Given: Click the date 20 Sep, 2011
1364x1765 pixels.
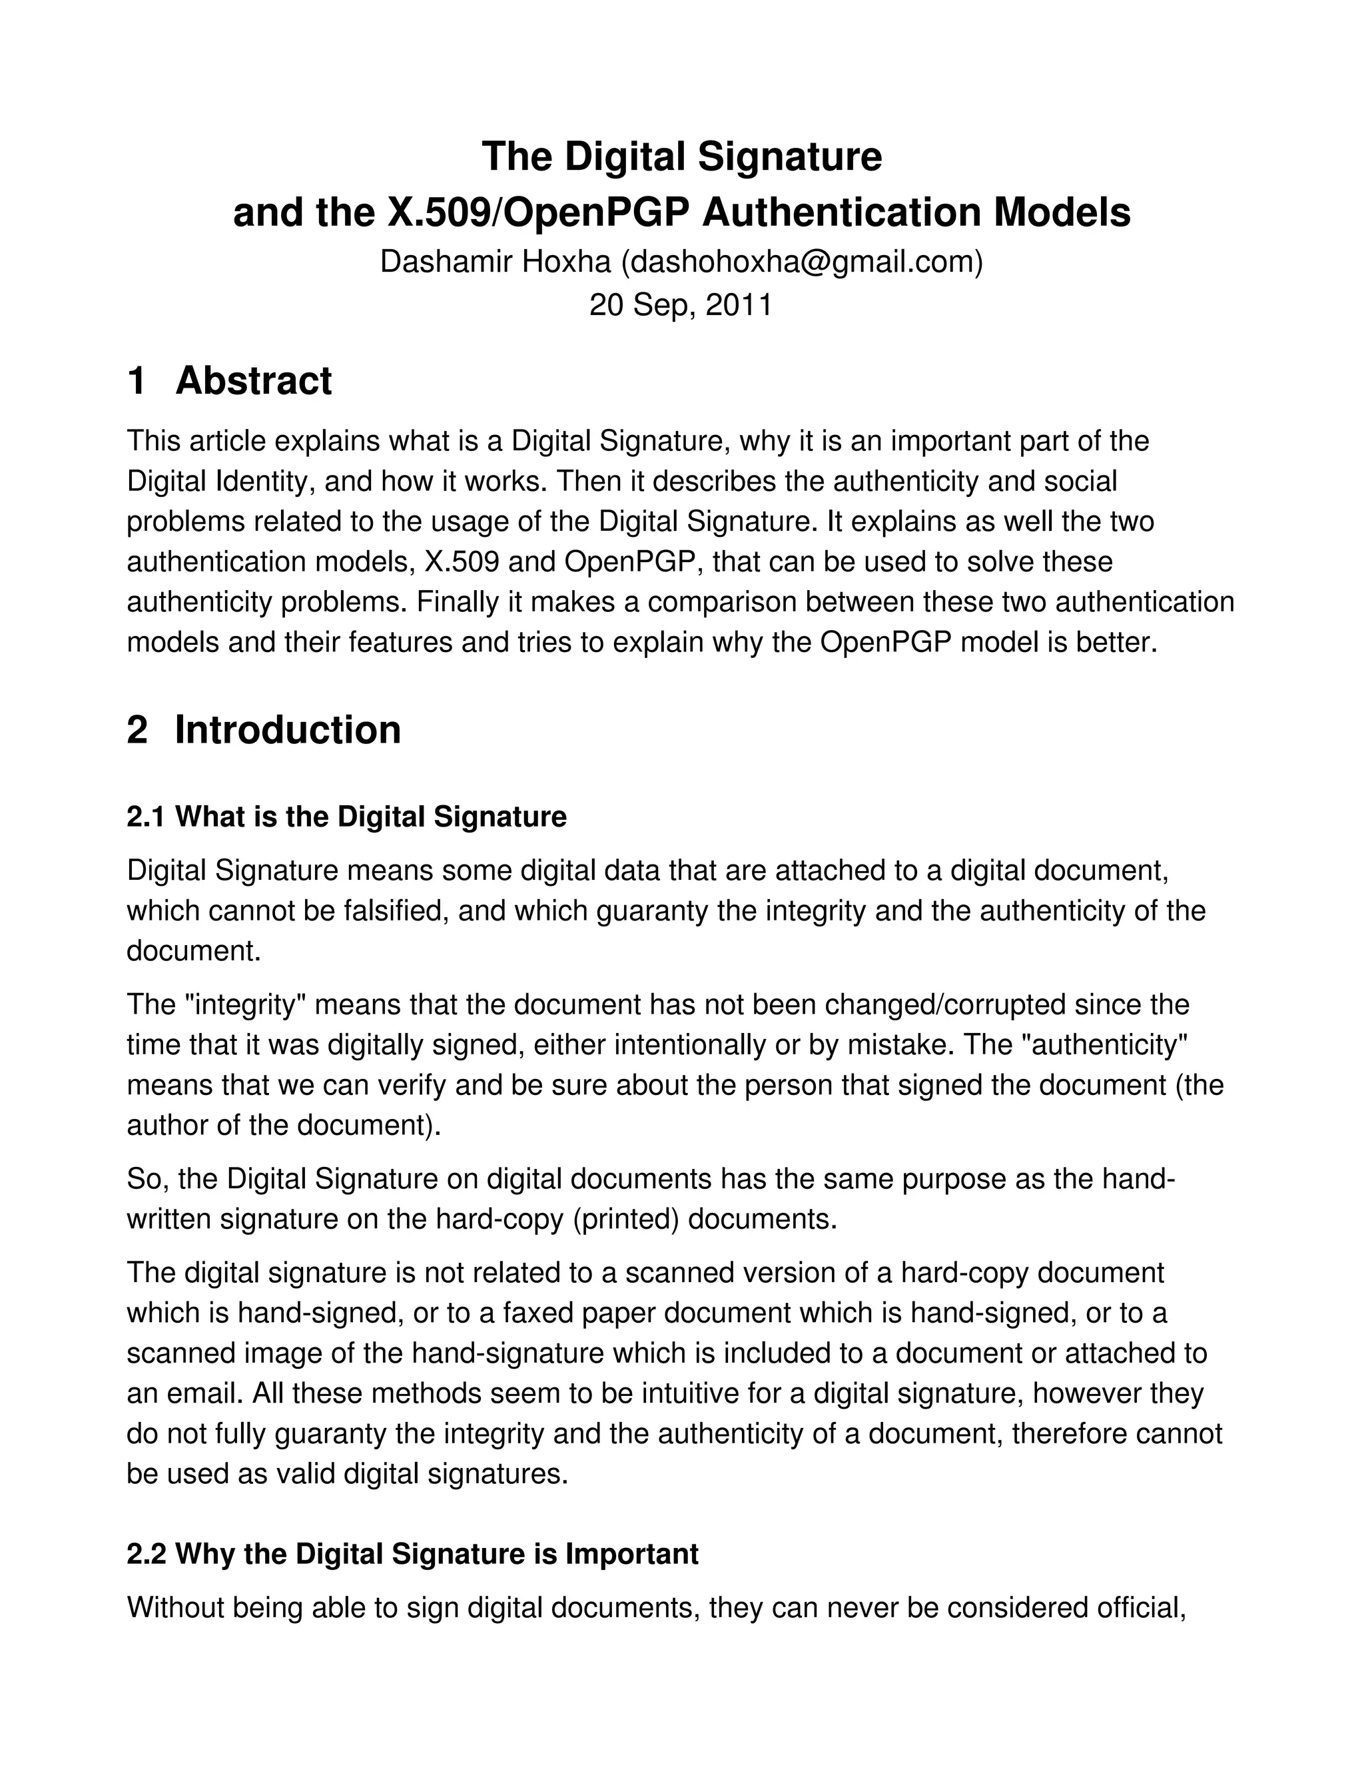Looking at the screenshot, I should [681, 306].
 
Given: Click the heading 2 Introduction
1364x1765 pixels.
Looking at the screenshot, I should [264, 730].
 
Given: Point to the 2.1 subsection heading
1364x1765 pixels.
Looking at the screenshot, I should [346, 817].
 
